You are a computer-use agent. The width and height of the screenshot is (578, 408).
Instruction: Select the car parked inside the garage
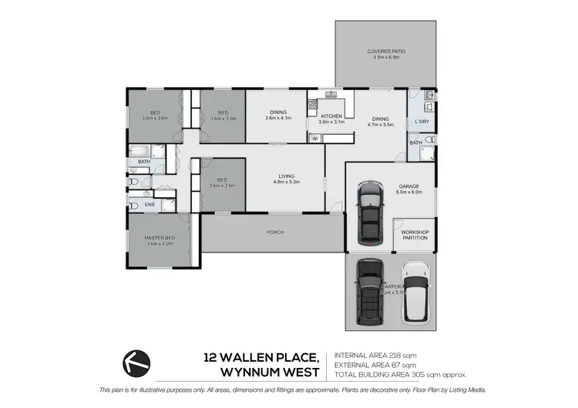[371, 212]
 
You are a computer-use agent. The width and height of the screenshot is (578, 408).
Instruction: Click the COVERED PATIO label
[386, 54]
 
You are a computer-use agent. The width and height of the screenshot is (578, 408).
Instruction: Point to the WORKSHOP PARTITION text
[415, 235]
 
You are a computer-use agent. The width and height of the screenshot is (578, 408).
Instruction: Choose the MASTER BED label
[160, 240]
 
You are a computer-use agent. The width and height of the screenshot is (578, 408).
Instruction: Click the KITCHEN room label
[331, 119]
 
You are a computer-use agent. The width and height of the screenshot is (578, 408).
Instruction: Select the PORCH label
[274, 231]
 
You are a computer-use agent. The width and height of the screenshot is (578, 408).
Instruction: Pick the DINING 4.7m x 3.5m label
[380, 122]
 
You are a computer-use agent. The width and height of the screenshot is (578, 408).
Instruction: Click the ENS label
[150, 205]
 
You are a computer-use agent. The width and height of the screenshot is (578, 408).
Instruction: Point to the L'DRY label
[422, 122]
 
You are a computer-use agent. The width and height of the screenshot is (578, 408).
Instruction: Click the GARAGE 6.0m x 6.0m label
[408, 189]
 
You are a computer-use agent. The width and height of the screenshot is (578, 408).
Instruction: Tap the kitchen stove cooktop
[314, 139]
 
